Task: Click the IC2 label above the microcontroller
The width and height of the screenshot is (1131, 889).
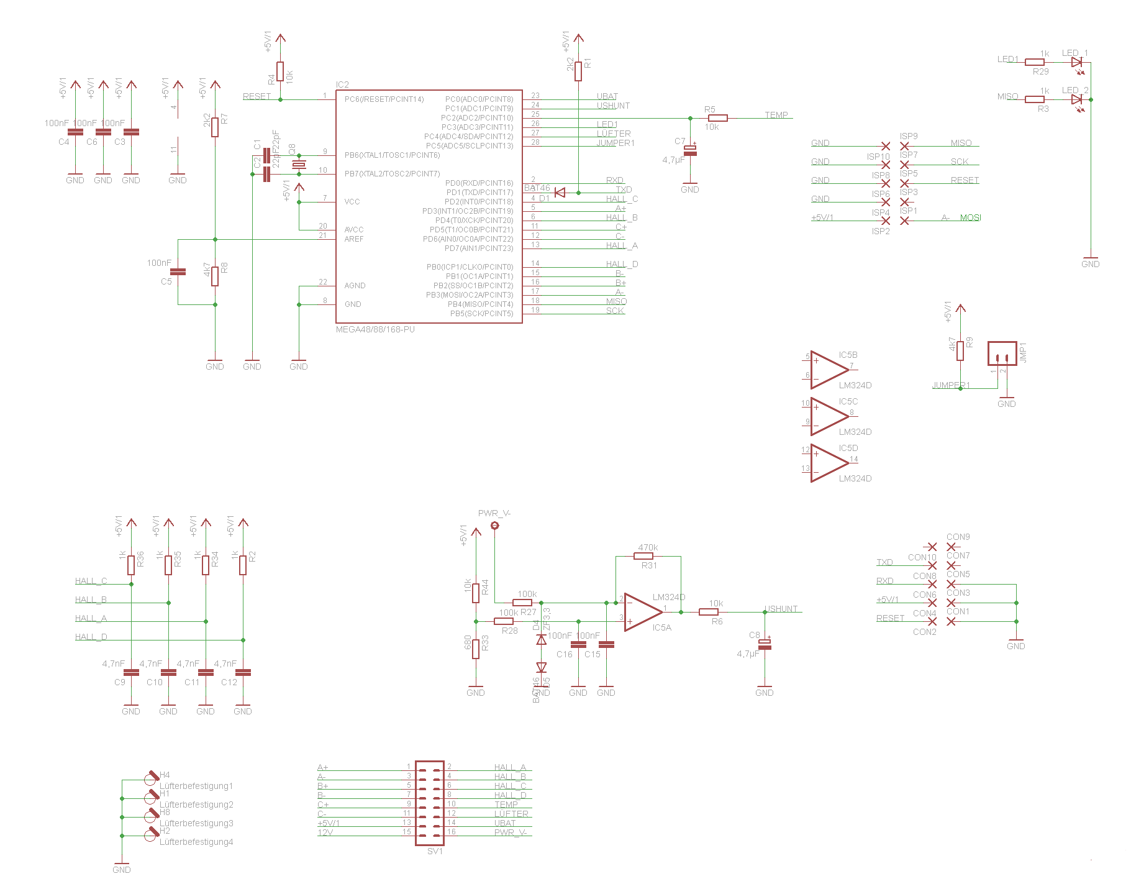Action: click(x=342, y=84)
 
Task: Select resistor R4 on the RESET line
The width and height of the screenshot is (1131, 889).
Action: click(x=280, y=71)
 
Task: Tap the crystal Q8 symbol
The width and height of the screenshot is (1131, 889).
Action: click(x=299, y=165)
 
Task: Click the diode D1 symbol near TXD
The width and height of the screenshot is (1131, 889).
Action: click(x=560, y=193)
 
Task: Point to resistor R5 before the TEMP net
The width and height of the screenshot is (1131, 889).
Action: click(x=717, y=118)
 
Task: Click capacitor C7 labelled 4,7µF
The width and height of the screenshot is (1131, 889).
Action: click(x=690, y=151)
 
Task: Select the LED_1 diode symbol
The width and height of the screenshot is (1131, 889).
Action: click(x=1077, y=62)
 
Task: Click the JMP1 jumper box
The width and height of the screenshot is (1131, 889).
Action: click(x=1002, y=353)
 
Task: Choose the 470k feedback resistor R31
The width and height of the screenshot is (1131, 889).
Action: click(x=647, y=556)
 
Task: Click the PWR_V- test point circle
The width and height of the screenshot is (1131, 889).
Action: click(x=495, y=526)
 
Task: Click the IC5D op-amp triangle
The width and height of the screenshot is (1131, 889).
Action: click(x=828, y=463)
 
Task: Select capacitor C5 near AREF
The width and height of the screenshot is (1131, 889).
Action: click(x=178, y=271)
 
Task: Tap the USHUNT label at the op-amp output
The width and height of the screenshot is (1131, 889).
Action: click(x=781, y=609)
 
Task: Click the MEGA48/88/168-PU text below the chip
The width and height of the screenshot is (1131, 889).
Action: click(x=375, y=329)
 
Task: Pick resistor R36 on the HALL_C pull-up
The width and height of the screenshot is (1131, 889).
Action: click(x=131, y=565)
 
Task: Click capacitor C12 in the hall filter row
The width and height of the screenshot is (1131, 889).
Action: click(x=243, y=672)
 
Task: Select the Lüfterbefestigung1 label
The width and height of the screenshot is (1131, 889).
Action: click(x=196, y=786)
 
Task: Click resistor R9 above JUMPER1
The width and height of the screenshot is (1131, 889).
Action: click(x=960, y=351)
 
